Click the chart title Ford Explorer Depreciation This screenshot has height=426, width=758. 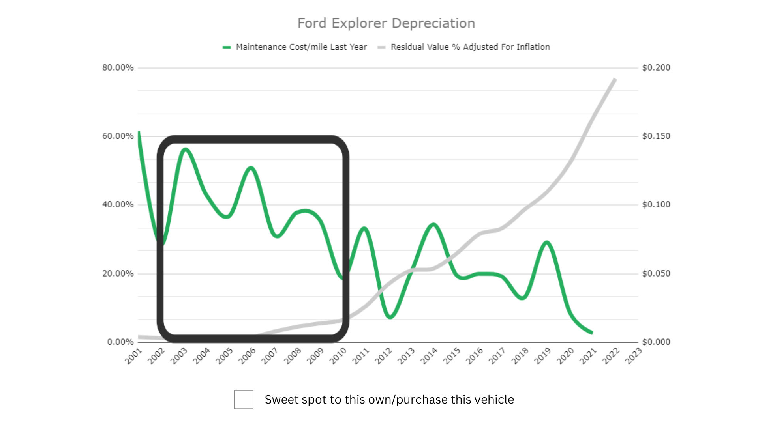click(386, 23)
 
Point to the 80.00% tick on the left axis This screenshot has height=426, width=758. click(118, 67)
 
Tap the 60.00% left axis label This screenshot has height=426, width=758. click(118, 136)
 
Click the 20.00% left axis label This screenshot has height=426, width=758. click(118, 273)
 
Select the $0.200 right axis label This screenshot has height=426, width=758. click(656, 67)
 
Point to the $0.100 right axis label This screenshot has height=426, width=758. click(656, 204)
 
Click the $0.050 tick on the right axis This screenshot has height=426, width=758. click(656, 273)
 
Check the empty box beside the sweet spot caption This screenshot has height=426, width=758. click(244, 399)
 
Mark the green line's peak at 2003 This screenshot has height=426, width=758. click(186, 149)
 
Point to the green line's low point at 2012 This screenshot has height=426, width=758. click(390, 316)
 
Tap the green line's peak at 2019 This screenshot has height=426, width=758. click(547, 242)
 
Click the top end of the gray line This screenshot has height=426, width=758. click(615, 79)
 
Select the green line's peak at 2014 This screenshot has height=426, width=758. click(434, 225)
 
